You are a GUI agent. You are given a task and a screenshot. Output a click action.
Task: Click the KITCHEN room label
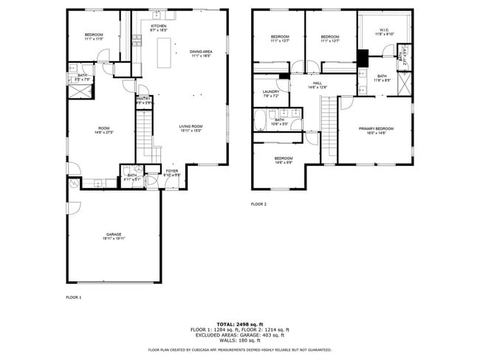click(x=158, y=28)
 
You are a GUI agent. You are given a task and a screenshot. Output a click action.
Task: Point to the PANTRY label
click(x=144, y=100)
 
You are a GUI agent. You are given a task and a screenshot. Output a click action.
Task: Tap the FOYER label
click(x=171, y=173)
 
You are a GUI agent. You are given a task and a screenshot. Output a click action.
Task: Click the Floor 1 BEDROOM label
click(x=93, y=37)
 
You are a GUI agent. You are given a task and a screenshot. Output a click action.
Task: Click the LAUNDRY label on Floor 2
click(x=271, y=94)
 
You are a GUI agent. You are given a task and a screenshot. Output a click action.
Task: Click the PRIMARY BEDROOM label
click(x=376, y=131)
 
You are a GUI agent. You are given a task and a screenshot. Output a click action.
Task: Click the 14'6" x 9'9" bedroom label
click(x=284, y=161)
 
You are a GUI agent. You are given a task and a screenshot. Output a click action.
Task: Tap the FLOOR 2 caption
click(x=258, y=204)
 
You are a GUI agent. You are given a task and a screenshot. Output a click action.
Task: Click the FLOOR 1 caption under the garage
click(x=74, y=297)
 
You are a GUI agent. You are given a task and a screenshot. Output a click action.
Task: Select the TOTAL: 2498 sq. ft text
click(x=239, y=324)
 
